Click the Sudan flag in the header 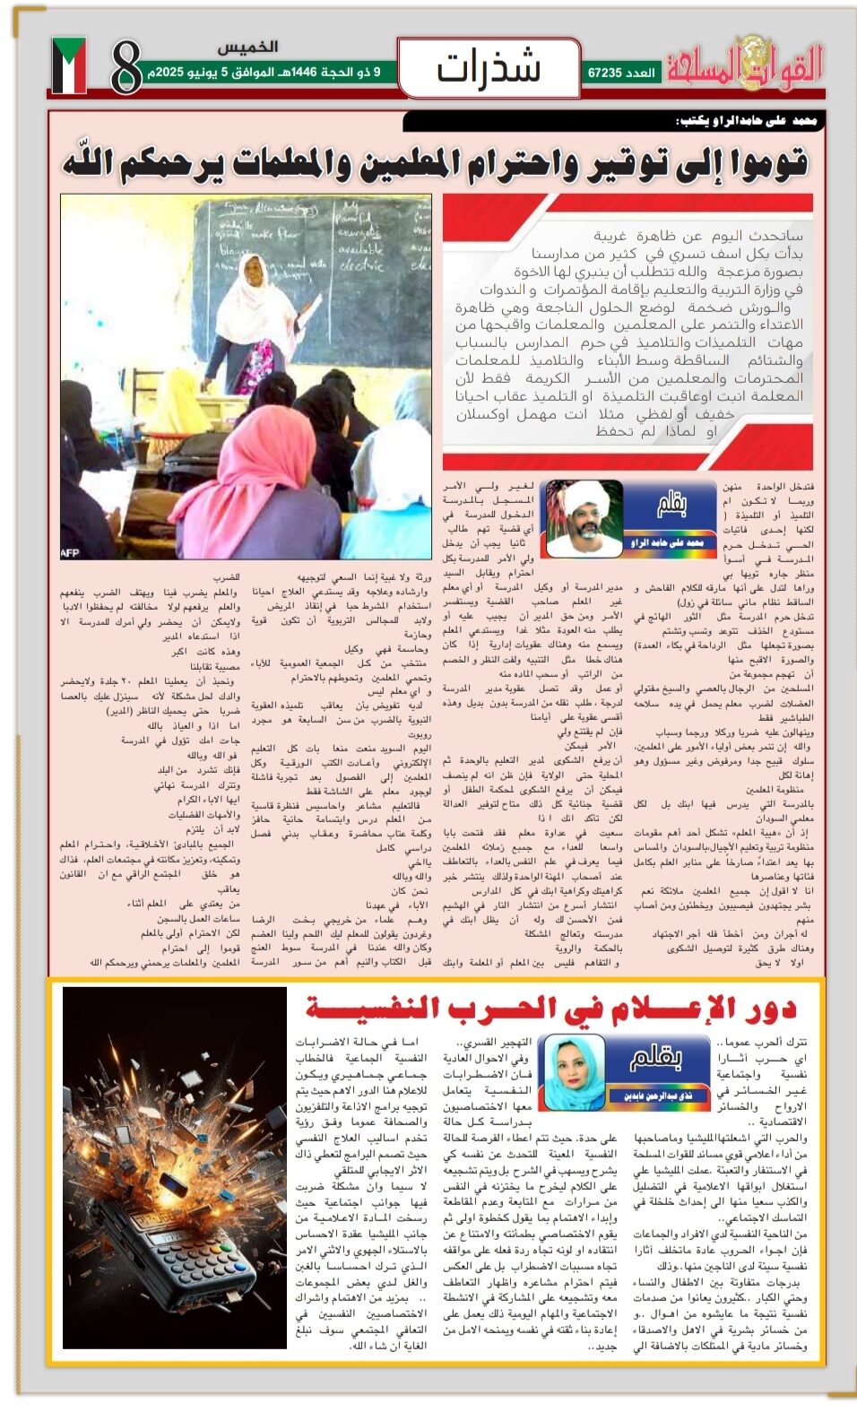(69, 65)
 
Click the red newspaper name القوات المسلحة (744, 66)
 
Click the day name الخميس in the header (247, 47)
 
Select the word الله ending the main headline (98, 162)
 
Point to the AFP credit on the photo (70, 552)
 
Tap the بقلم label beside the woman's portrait (655, 1059)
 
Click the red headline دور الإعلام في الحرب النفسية (550, 1009)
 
